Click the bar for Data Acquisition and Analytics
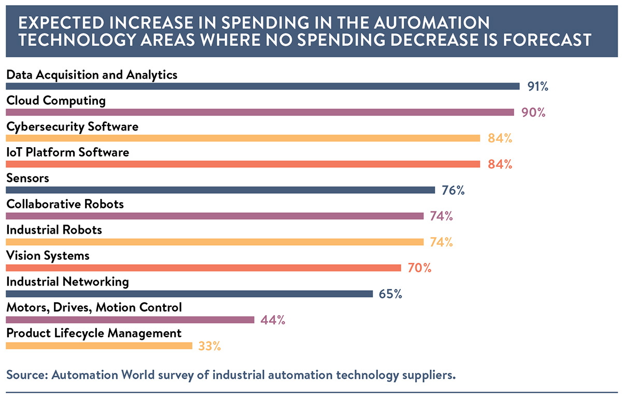pos(262,87)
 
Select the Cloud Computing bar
pos(260,112)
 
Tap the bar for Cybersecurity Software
pos(243,138)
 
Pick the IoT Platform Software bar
pos(243,164)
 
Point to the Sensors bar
pos(220,190)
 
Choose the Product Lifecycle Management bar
pos(99,346)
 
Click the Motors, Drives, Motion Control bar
pos(130,320)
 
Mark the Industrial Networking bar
pos(189,294)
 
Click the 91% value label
pos(538,87)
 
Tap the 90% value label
pos(533,112)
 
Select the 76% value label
pos(453,190)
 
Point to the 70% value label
pos(419,268)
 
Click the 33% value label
pos(209,346)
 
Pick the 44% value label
pos(273,320)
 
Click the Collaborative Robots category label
pos(65,204)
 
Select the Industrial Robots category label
pos(54,230)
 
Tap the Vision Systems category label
pos(48,255)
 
